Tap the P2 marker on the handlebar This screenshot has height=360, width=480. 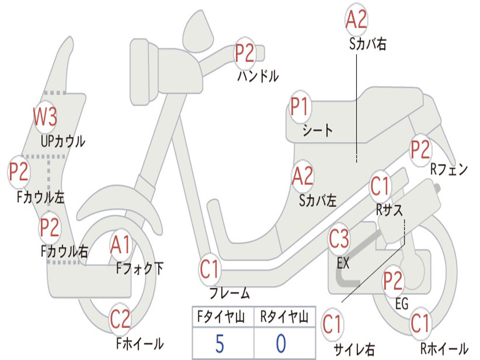click(x=244, y=52)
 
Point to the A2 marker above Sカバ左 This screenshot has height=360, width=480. click(x=302, y=176)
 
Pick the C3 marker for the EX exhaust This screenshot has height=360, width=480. click(x=339, y=239)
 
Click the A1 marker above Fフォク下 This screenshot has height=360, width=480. click(x=121, y=245)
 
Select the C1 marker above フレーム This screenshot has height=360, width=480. click(x=210, y=270)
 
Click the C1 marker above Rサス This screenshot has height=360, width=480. click(x=380, y=186)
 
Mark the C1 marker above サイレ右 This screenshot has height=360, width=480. click(x=332, y=325)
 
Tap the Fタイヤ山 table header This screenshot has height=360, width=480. click(x=223, y=318)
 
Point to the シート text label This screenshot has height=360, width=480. click(x=317, y=130)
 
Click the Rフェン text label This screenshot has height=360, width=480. click(x=449, y=170)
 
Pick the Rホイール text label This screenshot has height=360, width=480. click(x=443, y=348)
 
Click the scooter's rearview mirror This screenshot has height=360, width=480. click(x=197, y=30)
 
